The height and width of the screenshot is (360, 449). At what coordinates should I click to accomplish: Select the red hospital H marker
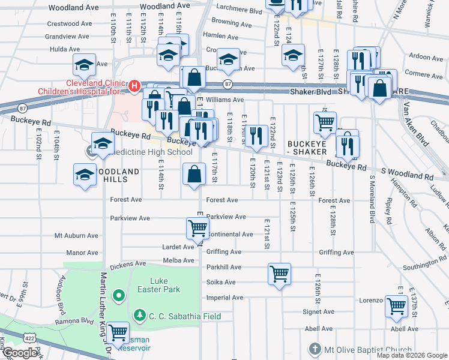[x=134, y=86]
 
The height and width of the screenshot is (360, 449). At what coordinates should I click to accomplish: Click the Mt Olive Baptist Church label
[x=368, y=350]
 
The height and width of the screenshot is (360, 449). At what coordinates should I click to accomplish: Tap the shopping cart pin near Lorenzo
[x=396, y=306]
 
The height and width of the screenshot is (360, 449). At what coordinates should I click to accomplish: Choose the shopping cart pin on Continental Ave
[x=197, y=228]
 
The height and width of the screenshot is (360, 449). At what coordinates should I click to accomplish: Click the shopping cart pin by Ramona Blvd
[x=118, y=331]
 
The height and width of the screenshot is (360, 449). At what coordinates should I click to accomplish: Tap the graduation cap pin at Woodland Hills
[x=85, y=175]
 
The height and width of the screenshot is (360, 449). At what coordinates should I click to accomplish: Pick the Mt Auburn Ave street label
[x=76, y=236]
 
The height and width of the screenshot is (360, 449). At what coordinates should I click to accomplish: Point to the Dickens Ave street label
[x=128, y=263]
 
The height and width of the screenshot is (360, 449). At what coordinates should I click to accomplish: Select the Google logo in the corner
[x=20, y=353]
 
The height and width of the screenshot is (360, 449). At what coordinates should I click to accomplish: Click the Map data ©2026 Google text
[x=412, y=355]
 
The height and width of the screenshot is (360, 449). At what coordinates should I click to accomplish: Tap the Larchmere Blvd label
[x=242, y=11]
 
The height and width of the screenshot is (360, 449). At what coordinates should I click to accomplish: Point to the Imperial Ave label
[x=224, y=298]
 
